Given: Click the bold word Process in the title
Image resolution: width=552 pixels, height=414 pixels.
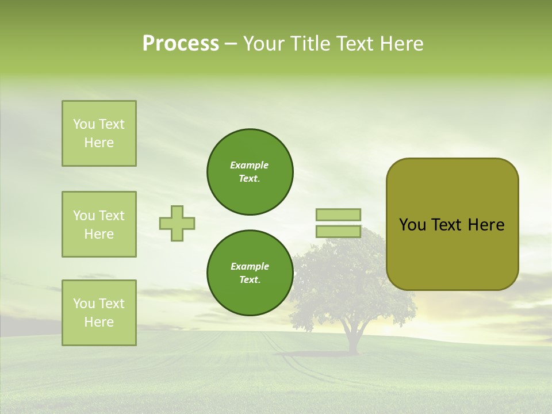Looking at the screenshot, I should [x=181, y=44].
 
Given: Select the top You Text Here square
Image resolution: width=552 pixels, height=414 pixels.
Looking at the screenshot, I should [x=99, y=133].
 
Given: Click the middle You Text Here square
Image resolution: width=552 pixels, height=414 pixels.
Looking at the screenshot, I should [x=99, y=224].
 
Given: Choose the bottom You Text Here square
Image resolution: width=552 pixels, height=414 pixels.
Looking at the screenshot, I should [x=99, y=313].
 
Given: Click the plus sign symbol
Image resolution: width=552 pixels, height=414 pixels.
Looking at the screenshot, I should [x=177, y=223].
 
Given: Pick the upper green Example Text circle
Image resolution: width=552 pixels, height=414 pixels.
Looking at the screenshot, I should [x=250, y=172].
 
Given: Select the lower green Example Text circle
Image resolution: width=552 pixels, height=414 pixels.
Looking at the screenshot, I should [x=250, y=273].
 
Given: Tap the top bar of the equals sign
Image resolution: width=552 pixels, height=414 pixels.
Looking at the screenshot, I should [x=338, y=214].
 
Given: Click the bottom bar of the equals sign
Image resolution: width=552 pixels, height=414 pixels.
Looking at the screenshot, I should [x=338, y=232].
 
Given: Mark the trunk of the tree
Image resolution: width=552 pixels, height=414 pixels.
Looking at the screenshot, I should [x=351, y=339].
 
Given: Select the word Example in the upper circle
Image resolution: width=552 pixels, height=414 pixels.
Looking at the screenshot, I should [x=250, y=165].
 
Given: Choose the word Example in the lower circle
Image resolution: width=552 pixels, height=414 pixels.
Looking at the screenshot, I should [x=250, y=266].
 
